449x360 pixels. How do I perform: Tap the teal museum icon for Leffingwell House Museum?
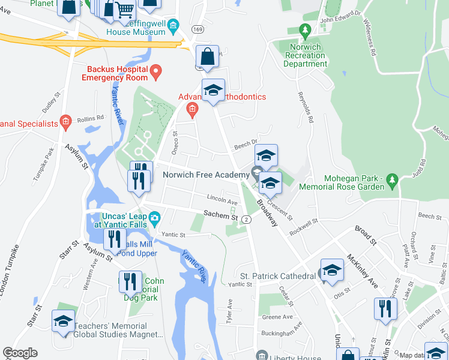click(x=173, y=25)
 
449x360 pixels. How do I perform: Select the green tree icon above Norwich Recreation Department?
click(x=305, y=30)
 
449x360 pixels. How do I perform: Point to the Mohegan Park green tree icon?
click(x=393, y=179)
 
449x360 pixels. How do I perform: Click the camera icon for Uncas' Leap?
click(x=155, y=217)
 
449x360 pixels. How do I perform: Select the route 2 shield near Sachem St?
click(x=247, y=220)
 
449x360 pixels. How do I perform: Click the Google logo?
click(x=19, y=353)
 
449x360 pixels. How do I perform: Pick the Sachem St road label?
click(x=220, y=214)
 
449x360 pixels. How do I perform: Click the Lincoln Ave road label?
click(x=222, y=200)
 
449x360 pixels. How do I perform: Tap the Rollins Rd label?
click(x=91, y=118)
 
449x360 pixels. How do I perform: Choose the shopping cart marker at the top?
click(x=124, y=10)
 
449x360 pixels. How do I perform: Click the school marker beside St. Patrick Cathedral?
click(x=331, y=270)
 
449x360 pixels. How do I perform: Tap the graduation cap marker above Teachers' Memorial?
click(x=63, y=321)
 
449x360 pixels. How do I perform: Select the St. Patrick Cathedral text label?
click(x=277, y=276)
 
